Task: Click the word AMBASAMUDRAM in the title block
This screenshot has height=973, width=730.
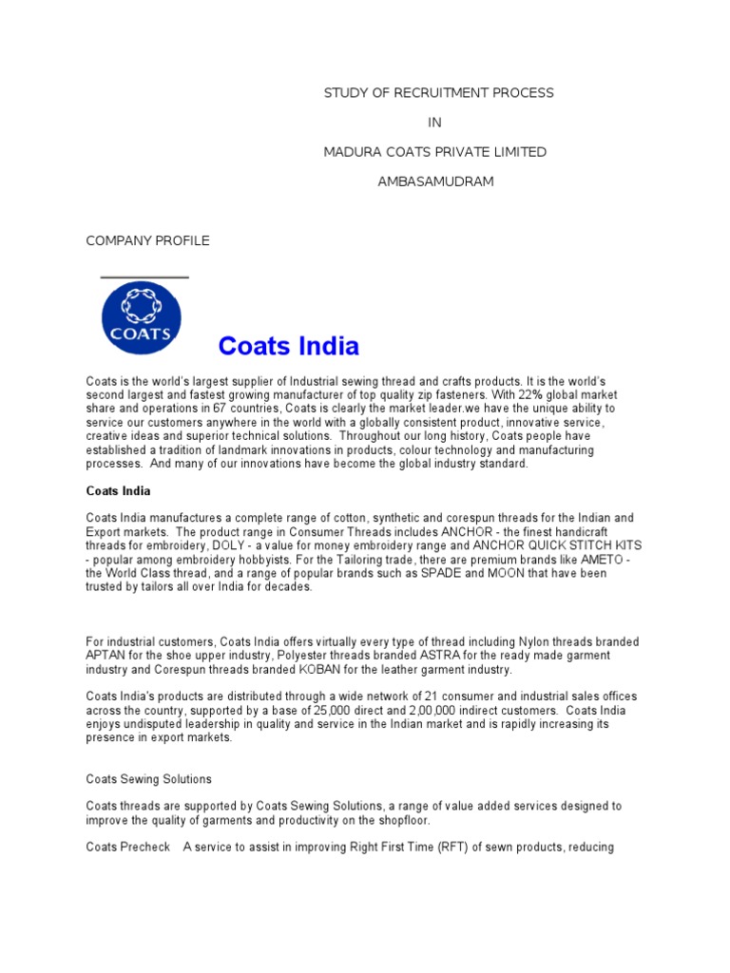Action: (436, 181)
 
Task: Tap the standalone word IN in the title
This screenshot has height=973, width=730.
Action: (435, 123)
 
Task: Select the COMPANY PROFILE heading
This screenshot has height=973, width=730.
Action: (147, 240)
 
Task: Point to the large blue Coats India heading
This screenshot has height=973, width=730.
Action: (288, 346)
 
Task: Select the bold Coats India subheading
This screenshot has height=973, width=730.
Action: (118, 491)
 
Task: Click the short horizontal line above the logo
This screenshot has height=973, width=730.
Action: (144, 277)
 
